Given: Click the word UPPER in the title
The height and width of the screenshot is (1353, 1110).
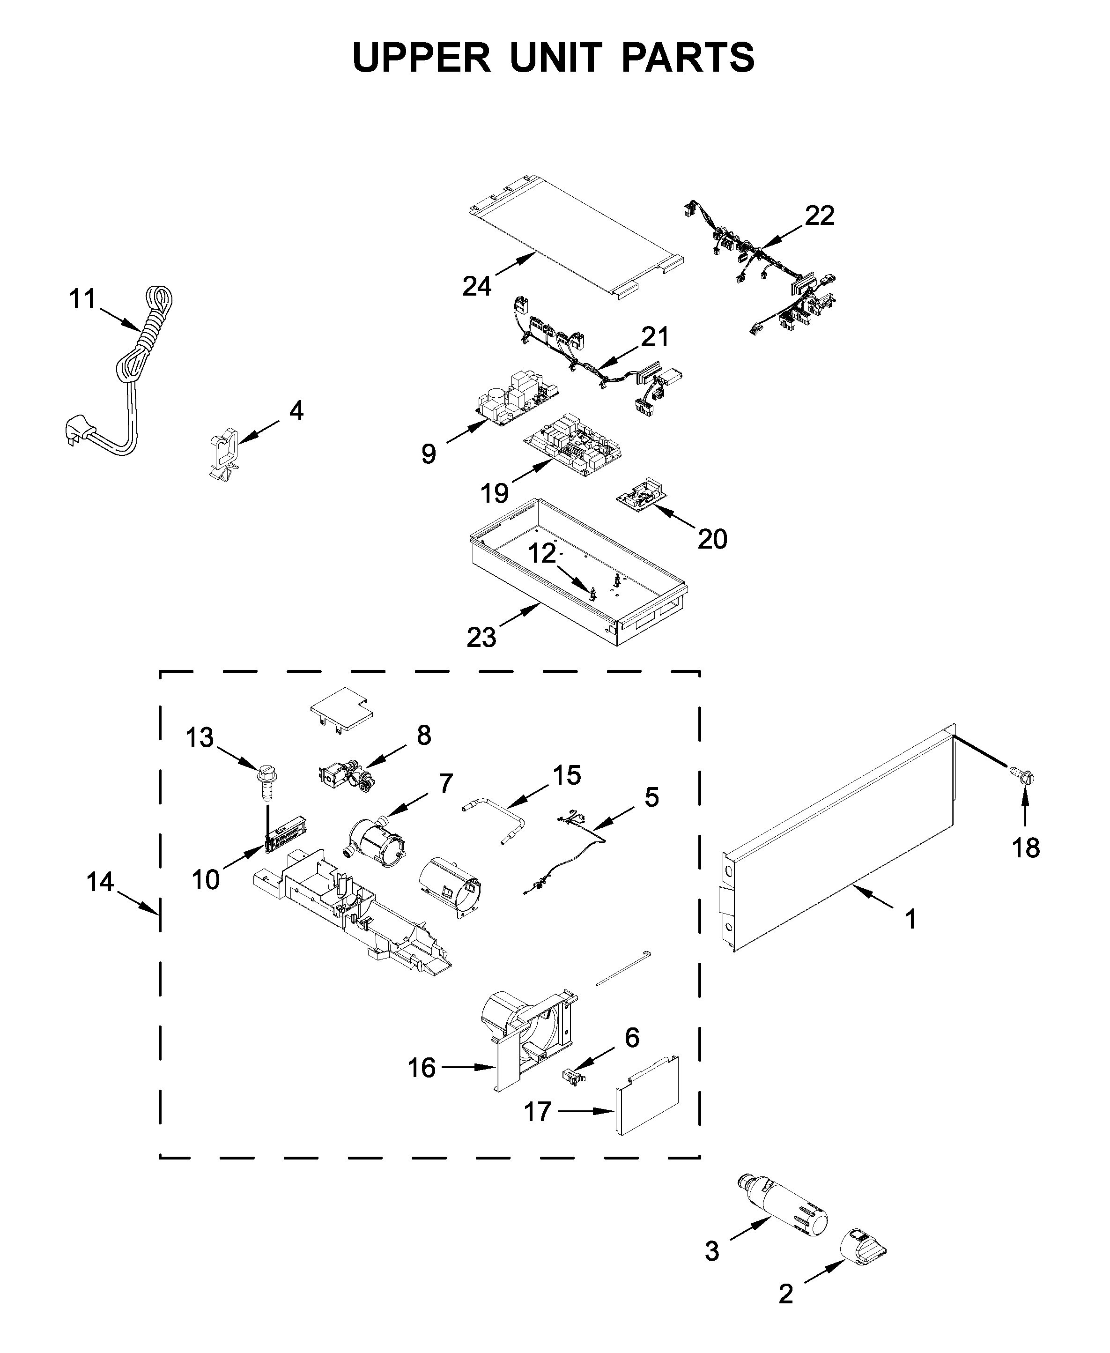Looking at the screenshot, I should [x=422, y=58].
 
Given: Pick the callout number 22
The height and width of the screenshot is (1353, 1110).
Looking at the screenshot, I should [x=819, y=216].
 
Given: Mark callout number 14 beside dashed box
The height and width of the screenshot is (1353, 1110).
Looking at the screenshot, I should [x=100, y=882].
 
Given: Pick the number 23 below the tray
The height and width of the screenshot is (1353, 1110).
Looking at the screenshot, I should [x=481, y=638].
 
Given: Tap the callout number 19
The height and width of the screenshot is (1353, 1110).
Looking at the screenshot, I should [x=494, y=493].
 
